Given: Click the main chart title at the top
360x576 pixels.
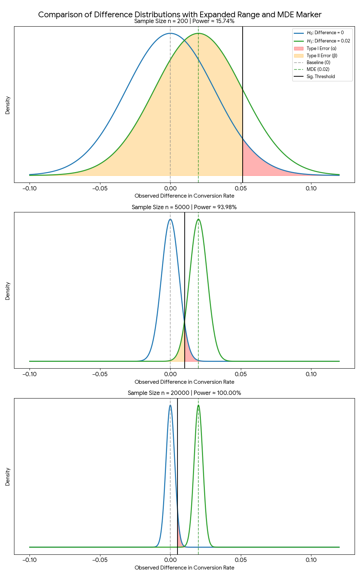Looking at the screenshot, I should coord(180,14).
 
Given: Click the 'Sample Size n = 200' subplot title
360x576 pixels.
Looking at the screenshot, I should coord(184,21).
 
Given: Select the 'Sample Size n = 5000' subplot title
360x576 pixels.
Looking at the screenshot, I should coord(184,207).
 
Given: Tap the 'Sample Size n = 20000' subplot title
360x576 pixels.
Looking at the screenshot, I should coord(184,393).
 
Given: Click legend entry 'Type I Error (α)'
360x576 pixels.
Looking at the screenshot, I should coord(321,48).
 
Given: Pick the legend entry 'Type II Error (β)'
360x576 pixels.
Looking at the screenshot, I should coord(321,55).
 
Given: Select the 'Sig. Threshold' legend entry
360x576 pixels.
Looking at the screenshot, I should coord(320,76).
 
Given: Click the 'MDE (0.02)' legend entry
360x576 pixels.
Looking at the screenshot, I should coord(318,69).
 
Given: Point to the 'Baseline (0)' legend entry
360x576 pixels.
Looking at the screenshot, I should coord(318,62).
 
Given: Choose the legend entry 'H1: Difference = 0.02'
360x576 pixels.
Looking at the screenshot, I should coord(328,41).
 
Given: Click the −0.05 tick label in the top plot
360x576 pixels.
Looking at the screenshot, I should coord(100,188).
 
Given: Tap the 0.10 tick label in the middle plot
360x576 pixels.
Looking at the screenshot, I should coord(311,374).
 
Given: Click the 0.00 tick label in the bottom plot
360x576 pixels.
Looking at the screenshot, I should coord(170,560).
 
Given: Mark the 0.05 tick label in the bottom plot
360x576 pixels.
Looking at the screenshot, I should coord(241,560).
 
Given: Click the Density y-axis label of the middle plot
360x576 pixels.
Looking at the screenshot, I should coord(8,291).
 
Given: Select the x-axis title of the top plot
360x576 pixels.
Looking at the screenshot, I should coord(184,196).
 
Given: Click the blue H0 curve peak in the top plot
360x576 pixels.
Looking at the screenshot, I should coord(170,33).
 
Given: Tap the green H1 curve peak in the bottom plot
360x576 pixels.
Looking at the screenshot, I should coord(198,405).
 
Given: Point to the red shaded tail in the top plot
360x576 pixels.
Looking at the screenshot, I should coord(252,162).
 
